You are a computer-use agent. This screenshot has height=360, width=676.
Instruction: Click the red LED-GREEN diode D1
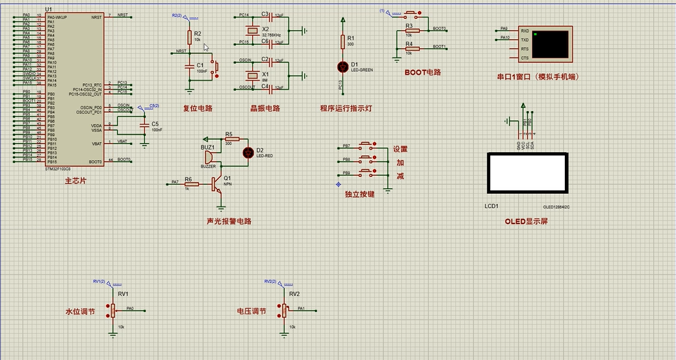[x=343, y=66]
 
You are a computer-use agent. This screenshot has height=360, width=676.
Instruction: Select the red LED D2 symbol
[x=248, y=152]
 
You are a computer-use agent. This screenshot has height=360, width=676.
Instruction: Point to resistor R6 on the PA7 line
[x=192, y=184]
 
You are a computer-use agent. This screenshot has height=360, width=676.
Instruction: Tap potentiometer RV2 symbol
[x=284, y=310]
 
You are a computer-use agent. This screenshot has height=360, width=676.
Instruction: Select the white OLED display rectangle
[x=527, y=173]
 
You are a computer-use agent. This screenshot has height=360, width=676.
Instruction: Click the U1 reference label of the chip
[x=49, y=9]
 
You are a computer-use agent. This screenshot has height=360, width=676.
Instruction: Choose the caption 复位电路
[x=198, y=109]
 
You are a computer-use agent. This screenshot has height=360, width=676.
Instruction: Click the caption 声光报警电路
[x=229, y=221]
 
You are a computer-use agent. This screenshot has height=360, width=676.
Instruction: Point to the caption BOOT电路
[x=422, y=73]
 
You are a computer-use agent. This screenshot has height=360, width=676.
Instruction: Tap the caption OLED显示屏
[x=526, y=221]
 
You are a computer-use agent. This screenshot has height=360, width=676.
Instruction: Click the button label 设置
[x=400, y=149]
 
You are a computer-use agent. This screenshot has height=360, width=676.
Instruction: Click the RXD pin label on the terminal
[x=525, y=30]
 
